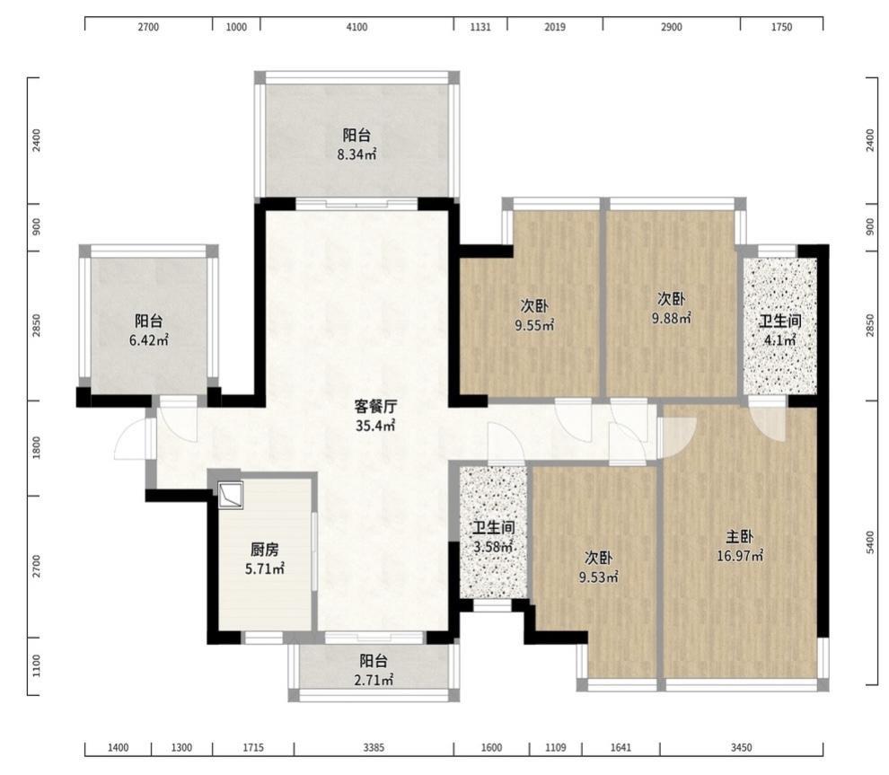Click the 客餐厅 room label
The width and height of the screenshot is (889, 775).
pyautogui.click(x=375, y=407)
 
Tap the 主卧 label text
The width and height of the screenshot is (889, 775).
pyautogui.click(x=739, y=536)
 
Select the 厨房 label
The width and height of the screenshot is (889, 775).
pyautogui.click(x=264, y=550)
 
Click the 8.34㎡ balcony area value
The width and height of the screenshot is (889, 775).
pyautogui.click(x=356, y=154)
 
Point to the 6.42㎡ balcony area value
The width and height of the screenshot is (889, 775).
pyautogui.click(x=148, y=340)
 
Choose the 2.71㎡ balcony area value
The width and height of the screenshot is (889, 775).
pyautogui.click(x=374, y=680)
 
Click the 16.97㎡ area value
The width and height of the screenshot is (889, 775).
pyautogui.click(x=739, y=556)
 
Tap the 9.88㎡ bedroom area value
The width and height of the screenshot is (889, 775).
pyautogui.click(x=672, y=319)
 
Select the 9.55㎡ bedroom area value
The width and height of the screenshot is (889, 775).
pyautogui.click(x=534, y=325)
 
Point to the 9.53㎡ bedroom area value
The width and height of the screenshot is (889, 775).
pyautogui.click(x=598, y=577)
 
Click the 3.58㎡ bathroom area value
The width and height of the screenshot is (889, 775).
pyautogui.click(x=493, y=548)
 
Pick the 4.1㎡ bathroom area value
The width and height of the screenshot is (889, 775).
pyautogui.click(x=780, y=340)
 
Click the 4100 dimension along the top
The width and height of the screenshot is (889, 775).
pyautogui.click(x=356, y=27)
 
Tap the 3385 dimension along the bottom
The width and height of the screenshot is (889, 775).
pyautogui.click(x=374, y=748)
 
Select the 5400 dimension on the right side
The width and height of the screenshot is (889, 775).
pyautogui.click(x=870, y=542)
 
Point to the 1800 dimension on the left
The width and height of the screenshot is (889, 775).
pyautogui.click(x=37, y=448)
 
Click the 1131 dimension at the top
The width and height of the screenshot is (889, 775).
pyautogui.click(x=480, y=27)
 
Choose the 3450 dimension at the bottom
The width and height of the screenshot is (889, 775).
pyautogui.click(x=741, y=748)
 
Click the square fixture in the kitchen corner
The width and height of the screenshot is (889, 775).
pyautogui.click(x=232, y=495)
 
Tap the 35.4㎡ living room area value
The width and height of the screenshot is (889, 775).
pyautogui.click(x=375, y=426)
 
